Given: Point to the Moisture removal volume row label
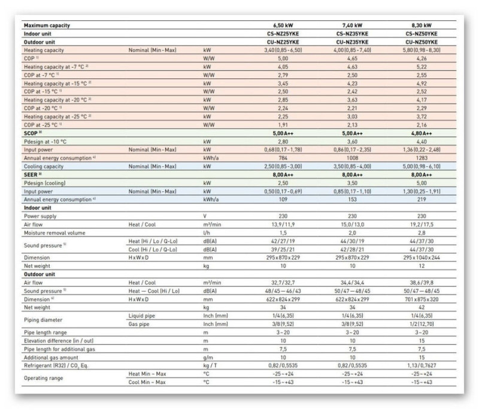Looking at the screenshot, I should point(54,232).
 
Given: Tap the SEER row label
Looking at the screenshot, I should point(32,174).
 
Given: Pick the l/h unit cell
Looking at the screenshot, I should point(207,232).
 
